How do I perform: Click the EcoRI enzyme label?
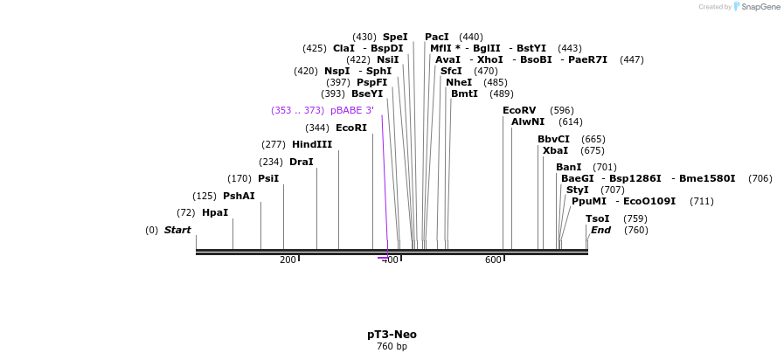351,128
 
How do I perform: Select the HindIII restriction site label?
312,144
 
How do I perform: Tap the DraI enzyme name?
301,162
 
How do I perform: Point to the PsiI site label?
268,178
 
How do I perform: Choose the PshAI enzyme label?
239,196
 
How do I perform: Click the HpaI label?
215,212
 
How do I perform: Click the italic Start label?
177,230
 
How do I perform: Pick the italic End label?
600,230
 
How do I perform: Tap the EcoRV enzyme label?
519,110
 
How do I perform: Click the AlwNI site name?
528,121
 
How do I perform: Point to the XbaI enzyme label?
555,150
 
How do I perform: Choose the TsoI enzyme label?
598,218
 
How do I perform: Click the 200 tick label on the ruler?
288,260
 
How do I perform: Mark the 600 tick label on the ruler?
493,260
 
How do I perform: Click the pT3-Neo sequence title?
392,335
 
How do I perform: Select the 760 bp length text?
392,347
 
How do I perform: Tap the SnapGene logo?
757,7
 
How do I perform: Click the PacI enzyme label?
437,37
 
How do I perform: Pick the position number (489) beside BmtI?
501,93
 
